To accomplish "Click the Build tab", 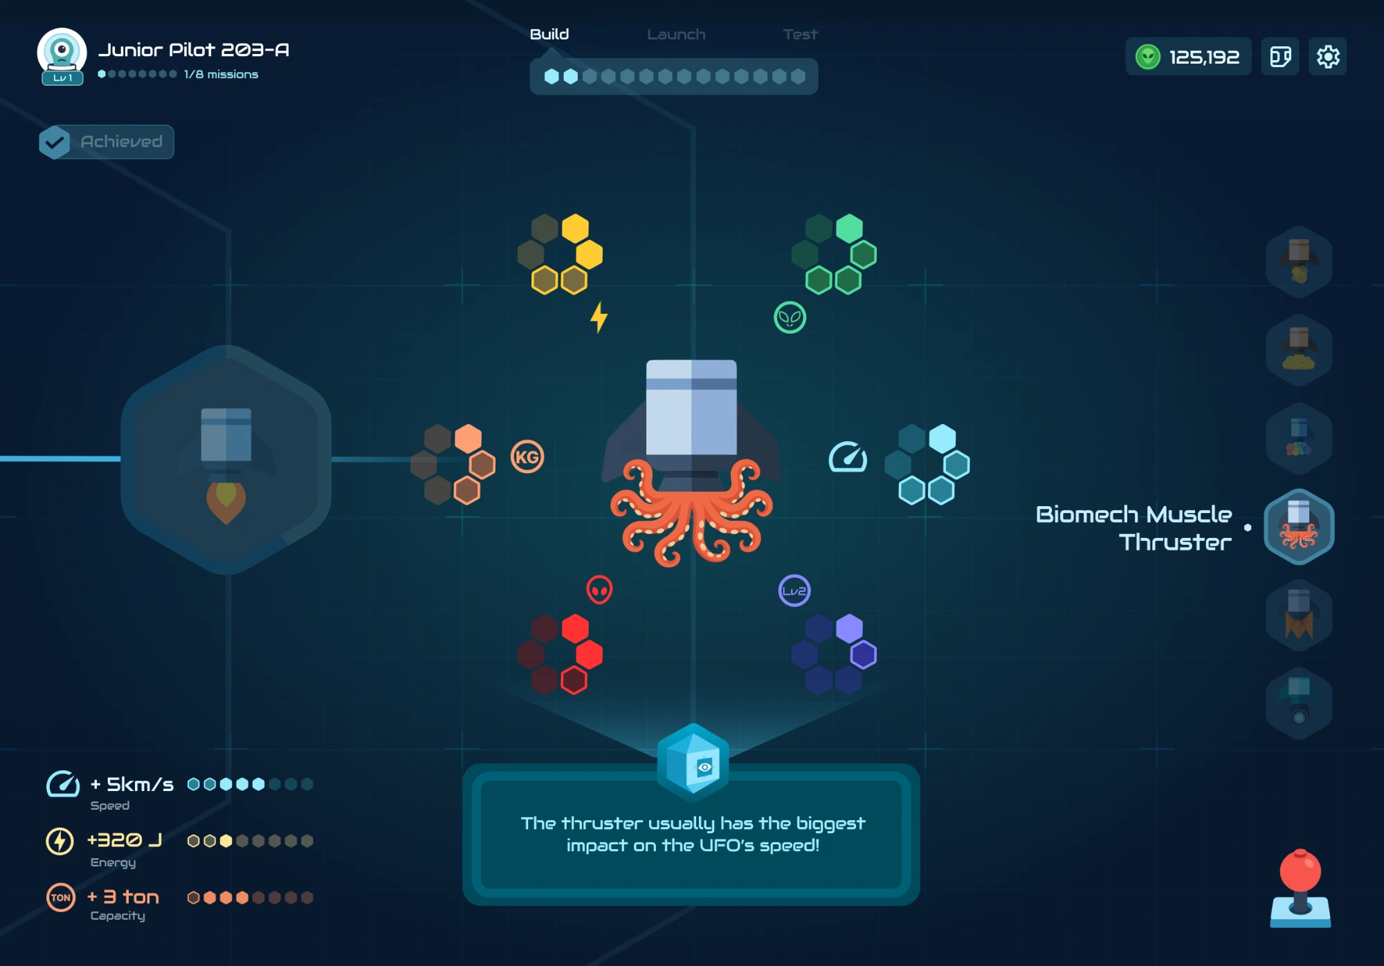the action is click(549, 34).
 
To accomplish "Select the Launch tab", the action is click(676, 34).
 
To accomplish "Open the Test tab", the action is click(800, 34).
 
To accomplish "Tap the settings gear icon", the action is click(1327, 56).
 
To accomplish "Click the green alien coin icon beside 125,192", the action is click(1148, 57).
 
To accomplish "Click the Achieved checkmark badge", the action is click(54, 142).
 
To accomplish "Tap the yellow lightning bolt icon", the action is click(599, 317).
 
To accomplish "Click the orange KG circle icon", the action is click(527, 457).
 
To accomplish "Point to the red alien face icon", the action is click(599, 590).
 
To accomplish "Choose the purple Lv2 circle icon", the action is click(794, 591).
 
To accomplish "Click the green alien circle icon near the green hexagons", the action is click(790, 318).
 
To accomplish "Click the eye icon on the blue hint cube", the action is click(704, 767).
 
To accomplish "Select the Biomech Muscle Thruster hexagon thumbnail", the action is click(1299, 527).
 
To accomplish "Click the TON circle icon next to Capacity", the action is click(61, 898).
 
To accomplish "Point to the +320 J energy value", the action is click(125, 840).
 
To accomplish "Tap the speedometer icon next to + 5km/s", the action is click(63, 784).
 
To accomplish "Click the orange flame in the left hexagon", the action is click(226, 502).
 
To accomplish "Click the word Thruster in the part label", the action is click(1175, 542).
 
